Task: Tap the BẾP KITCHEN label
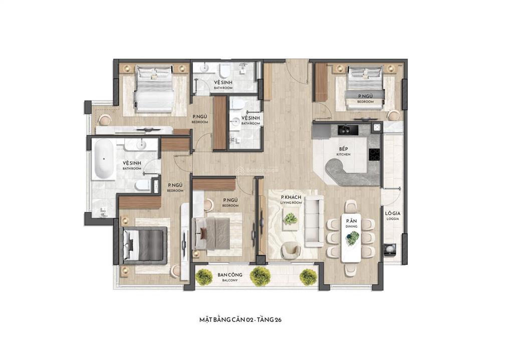click(343, 152)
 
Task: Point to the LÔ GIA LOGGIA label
click(392, 216)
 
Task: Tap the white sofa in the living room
click(315, 222)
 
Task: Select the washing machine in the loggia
click(390, 249)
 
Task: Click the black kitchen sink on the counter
click(346, 130)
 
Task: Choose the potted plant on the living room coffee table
click(290, 218)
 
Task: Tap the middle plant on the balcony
click(260, 275)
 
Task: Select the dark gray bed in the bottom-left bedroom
click(144, 244)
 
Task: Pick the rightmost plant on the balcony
click(308, 276)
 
